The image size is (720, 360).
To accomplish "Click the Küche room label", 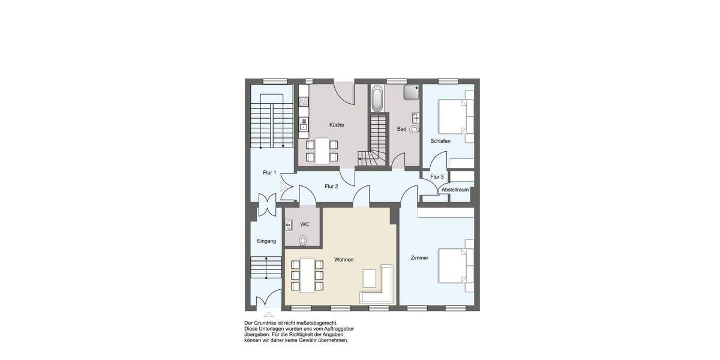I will click(337, 125).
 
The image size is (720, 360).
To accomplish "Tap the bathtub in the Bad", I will click(377, 99).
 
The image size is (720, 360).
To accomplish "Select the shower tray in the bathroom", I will click(411, 92).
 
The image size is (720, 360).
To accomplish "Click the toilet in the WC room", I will click(303, 240).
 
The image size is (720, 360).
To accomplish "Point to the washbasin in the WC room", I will click(289, 225).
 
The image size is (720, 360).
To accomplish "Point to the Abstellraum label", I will click(455, 190).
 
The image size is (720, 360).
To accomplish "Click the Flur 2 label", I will click(331, 186).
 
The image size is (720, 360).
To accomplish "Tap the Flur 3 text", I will click(437, 176).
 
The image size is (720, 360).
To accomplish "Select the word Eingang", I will click(266, 241).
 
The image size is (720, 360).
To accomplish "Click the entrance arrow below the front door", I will click(268, 314).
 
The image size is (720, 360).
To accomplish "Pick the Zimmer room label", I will click(419, 257).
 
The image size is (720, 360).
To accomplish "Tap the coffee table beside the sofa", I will click(369, 278).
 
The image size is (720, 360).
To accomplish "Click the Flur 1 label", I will click(269, 173).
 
